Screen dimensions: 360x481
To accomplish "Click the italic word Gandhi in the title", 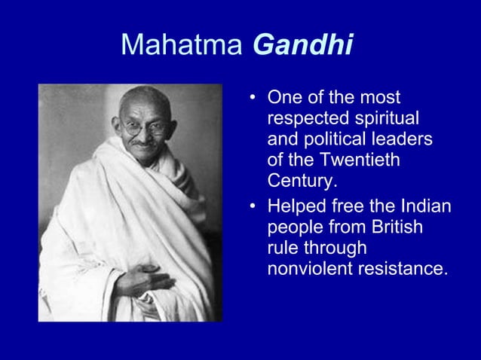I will coord(303,46).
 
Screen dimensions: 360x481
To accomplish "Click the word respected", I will coord(303,119).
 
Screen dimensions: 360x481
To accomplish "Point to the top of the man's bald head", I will coord(143,92).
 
